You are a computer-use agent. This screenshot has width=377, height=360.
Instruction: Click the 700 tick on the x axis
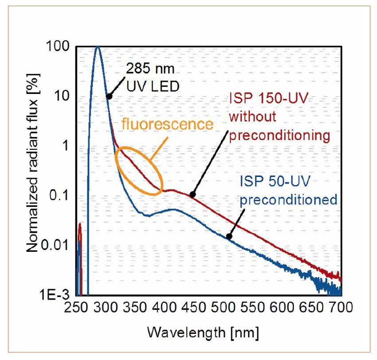point(341,307)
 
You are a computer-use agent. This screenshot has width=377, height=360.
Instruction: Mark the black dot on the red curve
point(192,195)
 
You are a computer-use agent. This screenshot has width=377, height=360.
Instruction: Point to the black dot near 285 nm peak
point(109,96)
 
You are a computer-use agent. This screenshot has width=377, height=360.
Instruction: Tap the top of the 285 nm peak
point(98,47)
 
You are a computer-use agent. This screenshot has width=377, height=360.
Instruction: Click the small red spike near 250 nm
point(80,228)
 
